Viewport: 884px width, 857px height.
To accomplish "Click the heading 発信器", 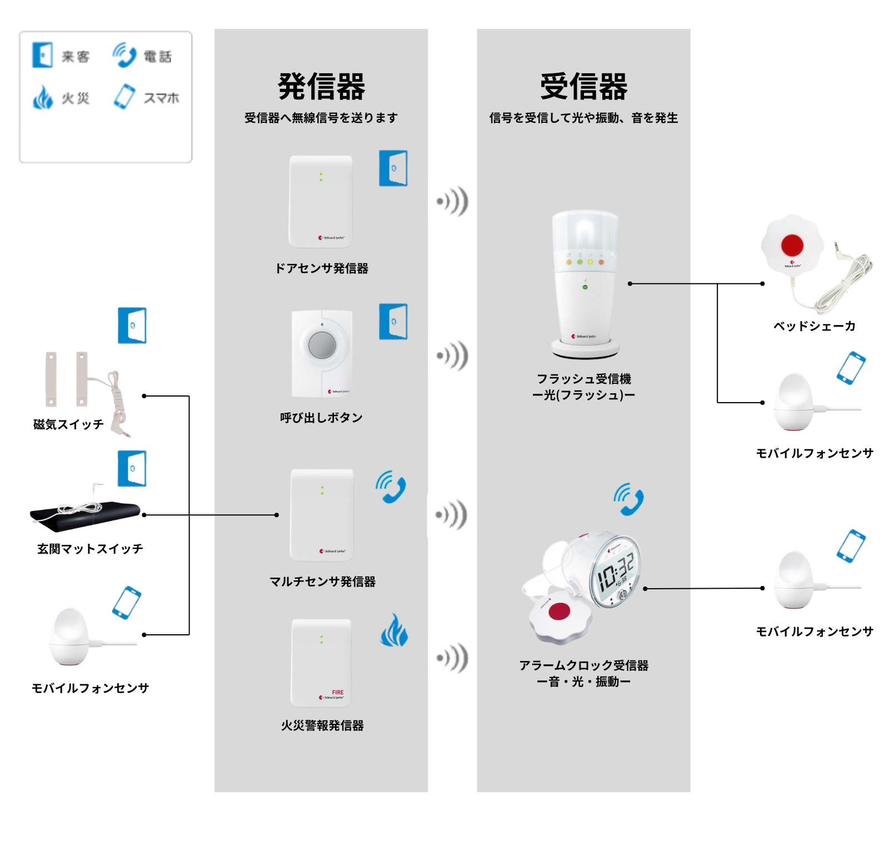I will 321,87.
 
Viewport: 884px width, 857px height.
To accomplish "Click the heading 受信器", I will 583,87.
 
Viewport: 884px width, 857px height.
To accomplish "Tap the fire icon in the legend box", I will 43,98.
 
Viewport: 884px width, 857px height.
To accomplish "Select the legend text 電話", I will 158,57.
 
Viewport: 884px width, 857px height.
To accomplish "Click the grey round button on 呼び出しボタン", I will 322,345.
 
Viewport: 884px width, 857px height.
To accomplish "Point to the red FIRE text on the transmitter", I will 338,692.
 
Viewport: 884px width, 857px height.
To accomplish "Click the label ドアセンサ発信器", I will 322,269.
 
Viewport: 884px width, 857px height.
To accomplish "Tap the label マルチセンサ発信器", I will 322,582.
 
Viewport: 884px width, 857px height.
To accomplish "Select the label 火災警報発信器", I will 322,725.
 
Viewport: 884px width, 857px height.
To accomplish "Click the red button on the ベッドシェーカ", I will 792,245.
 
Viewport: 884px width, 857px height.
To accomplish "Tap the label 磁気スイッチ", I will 68,424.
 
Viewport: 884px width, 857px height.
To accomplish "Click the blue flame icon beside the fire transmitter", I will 394,630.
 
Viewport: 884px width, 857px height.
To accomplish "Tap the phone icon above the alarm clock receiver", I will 628,499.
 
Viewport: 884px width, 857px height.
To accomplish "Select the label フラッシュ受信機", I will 583,379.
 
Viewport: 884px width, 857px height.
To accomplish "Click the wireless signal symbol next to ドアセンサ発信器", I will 452,201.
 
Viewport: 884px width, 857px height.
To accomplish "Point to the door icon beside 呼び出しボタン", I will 393,321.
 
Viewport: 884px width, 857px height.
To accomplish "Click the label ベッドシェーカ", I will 814,326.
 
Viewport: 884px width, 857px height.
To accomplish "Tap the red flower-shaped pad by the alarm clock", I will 560,613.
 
